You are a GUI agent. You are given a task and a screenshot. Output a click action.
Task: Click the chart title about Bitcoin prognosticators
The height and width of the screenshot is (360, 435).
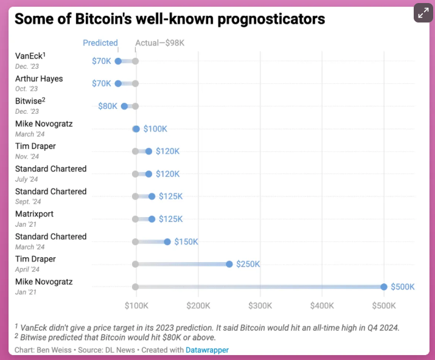click(x=170, y=19)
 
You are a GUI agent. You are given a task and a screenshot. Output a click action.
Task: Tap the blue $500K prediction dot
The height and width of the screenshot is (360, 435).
click(x=384, y=287)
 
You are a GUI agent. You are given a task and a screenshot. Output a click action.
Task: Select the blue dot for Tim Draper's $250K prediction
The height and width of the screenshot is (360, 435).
click(x=229, y=265)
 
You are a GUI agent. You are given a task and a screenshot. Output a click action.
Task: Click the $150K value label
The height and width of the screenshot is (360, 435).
click(x=186, y=242)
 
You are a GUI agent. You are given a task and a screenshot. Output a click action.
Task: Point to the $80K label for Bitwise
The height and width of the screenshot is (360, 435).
click(x=108, y=106)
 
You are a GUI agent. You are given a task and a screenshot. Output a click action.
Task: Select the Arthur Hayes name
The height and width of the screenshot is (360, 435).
click(x=39, y=79)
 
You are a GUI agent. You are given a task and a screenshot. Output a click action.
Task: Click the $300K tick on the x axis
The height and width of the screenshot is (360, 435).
click(x=260, y=304)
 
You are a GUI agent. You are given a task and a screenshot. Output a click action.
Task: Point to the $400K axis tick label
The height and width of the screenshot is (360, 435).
click(x=322, y=304)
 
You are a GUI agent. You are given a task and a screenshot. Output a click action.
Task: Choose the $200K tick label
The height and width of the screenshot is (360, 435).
click(x=198, y=304)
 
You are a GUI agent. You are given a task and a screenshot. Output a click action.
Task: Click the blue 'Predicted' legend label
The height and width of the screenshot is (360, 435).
click(x=100, y=43)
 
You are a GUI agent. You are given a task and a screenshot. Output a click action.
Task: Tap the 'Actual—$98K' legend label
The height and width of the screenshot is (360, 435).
click(x=159, y=43)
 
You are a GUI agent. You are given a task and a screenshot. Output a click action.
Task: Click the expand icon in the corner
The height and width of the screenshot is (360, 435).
click(x=423, y=13)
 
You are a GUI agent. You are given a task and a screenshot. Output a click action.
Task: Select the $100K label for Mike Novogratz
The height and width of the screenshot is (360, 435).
click(x=155, y=129)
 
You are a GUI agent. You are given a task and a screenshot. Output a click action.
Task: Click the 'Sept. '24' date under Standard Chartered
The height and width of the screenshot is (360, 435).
click(x=28, y=202)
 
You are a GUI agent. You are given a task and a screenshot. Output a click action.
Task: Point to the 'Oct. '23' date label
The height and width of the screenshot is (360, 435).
click(x=27, y=89)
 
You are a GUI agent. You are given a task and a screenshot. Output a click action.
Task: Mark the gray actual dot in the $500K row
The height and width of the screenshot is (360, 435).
click(x=136, y=287)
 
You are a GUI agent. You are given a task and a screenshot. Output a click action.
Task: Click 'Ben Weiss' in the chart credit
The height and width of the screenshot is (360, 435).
click(x=54, y=350)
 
